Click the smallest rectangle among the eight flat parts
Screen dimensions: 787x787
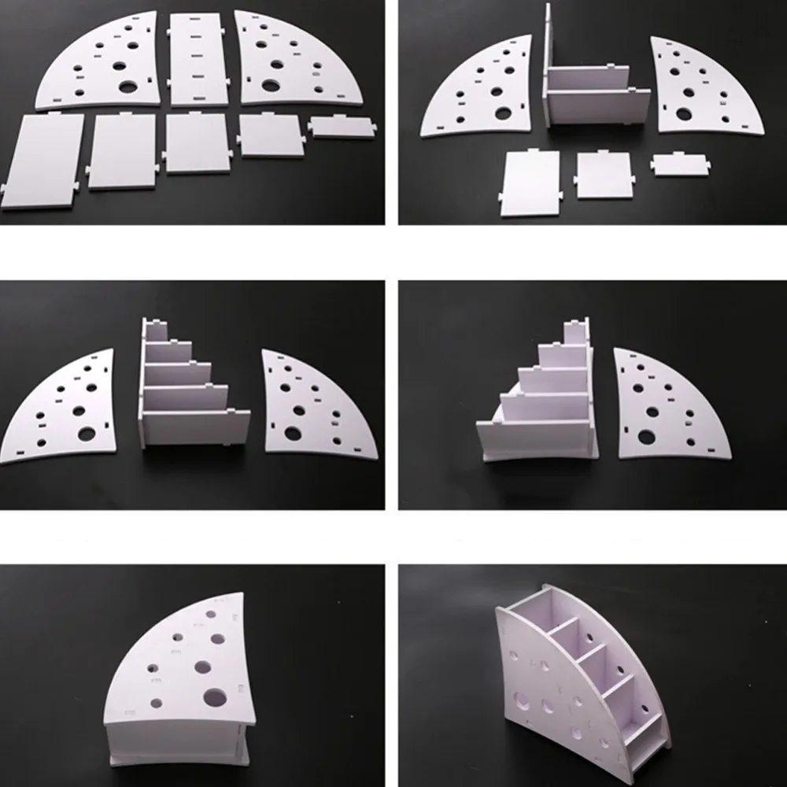point(342,127)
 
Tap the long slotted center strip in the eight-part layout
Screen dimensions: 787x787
point(196,59)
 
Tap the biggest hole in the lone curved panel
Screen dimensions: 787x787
point(646,436)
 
